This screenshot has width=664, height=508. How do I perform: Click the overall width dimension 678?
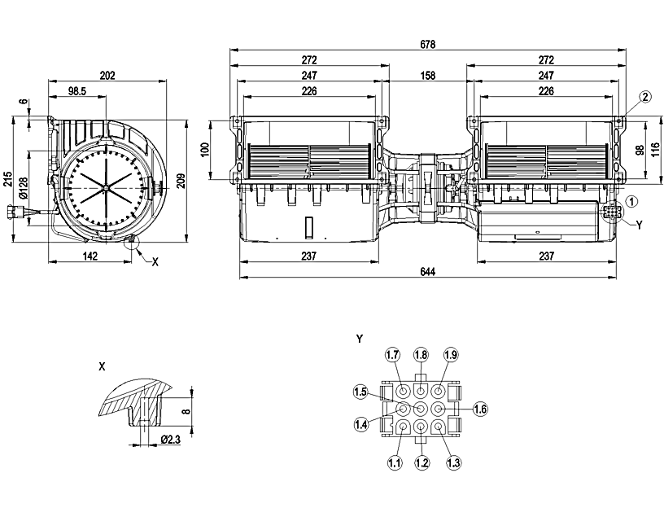pos(427,43)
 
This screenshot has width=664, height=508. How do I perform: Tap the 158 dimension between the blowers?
pos(427,76)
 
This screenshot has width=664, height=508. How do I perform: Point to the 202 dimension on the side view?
pos(107,76)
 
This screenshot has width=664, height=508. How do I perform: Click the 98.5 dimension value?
pos(77,92)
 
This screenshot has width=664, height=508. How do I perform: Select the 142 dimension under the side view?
pos(90,256)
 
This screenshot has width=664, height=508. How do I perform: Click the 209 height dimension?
pos(181,182)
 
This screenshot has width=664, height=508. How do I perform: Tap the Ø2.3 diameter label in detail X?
pos(170,440)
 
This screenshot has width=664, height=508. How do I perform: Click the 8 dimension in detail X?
pos(186,412)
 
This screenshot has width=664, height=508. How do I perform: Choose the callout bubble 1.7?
pos(393,355)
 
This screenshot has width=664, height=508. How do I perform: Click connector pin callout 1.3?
pos(453,462)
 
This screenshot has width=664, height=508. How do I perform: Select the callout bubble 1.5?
pos(360,392)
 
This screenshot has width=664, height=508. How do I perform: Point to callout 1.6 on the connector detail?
pos(479,409)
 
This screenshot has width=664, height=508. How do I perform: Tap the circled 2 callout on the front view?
pos(644,97)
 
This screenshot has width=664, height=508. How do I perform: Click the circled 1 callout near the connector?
pos(633,200)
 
